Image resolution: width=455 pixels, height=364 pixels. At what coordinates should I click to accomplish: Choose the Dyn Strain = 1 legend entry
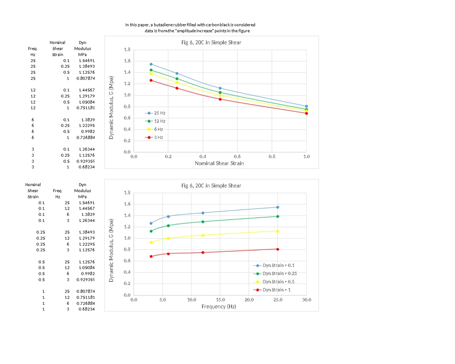(276, 290)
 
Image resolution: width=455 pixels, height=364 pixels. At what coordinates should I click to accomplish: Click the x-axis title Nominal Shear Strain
(219, 163)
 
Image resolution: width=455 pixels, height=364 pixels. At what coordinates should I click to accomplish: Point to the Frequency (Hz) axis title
(218, 306)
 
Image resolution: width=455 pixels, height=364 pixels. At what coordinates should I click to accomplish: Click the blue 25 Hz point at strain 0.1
(151, 64)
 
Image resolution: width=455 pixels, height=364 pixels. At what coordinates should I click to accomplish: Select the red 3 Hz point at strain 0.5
(220, 99)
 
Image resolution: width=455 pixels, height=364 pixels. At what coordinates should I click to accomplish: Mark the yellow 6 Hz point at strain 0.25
(177, 82)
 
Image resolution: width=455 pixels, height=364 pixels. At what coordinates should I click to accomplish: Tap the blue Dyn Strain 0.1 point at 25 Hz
(278, 207)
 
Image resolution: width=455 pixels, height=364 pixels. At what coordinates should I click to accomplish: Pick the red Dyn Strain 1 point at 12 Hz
(203, 252)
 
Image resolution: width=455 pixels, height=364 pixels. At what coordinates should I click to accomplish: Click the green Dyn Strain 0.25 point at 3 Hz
(151, 231)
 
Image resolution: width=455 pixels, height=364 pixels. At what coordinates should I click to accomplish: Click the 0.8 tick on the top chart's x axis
(272, 156)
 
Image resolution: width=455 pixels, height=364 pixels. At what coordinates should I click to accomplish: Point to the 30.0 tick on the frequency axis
(307, 299)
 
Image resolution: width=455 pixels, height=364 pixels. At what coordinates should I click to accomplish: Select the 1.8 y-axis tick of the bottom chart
(127, 193)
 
